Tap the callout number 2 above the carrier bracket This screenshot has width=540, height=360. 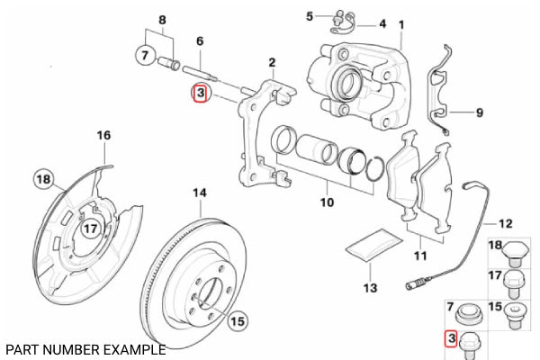271,62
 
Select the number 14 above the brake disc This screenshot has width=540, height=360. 200,193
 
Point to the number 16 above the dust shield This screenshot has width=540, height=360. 103,135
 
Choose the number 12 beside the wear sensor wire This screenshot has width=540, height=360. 505,223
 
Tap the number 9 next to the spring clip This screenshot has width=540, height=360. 479,112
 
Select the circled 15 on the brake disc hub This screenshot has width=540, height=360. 237,319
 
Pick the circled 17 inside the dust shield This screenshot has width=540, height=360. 90,229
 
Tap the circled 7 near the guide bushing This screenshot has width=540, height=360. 146,56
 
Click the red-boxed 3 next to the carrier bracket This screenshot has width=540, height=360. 200,93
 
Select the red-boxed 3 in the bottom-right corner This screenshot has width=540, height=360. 452,339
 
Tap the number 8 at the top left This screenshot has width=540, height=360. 162,20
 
